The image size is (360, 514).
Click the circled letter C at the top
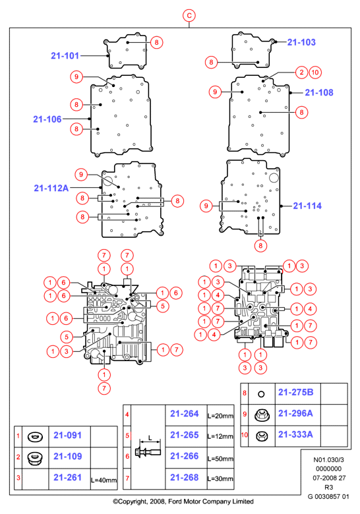click(x=189, y=15)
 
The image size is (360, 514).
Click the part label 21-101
click(x=65, y=56)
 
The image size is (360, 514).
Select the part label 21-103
click(x=301, y=42)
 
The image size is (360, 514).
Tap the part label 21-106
click(x=47, y=119)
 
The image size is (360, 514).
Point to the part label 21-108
click(x=319, y=92)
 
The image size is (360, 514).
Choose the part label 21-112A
click(x=51, y=188)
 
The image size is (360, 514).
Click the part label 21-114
click(x=307, y=206)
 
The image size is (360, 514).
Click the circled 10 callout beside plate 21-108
click(x=315, y=72)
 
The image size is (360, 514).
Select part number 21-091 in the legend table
click(x=67, y=436)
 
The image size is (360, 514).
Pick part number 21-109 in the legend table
click(x=67, y=456)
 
